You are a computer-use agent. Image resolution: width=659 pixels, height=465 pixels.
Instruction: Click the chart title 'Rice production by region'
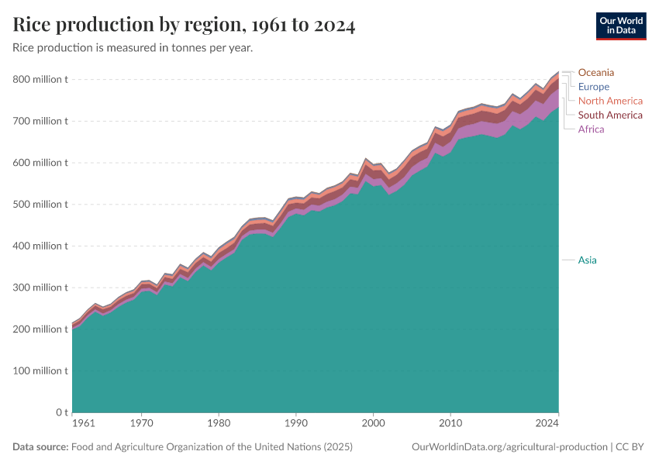pos(184,26)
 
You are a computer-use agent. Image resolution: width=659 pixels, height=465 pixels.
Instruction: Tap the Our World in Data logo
pos(620,26)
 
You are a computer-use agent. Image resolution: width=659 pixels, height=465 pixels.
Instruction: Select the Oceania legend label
pos(595,73)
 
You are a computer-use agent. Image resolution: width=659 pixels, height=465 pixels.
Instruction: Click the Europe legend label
pos(593,87)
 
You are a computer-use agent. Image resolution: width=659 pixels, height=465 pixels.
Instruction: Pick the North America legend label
pos(610,101)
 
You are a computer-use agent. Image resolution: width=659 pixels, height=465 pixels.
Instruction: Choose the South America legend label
pos(610,115)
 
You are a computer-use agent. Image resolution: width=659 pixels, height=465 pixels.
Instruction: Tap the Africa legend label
pos(591,129)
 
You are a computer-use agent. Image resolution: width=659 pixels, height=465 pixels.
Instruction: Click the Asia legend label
pos(587,260)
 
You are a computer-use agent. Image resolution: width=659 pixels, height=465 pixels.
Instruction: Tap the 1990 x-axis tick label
pos(295,424)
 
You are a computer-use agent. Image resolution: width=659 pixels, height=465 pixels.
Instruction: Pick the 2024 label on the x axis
pos(547,424)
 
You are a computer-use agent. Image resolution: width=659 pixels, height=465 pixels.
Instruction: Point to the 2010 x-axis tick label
pos(450,424)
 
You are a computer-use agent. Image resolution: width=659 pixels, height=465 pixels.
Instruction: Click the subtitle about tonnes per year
pos(133,48)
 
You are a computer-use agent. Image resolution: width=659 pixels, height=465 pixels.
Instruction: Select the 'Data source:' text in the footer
pos(40,447)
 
